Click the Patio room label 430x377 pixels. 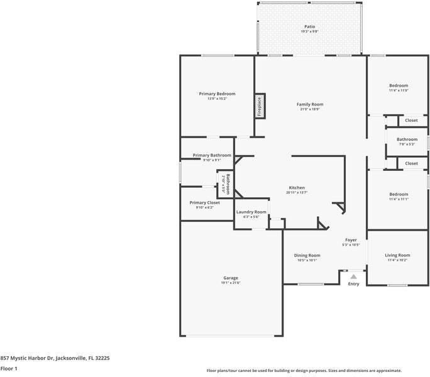309,27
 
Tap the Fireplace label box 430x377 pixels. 258,106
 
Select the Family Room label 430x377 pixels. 309,104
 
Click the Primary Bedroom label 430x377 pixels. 217,94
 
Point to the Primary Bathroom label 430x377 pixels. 212,155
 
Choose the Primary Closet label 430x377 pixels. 204,203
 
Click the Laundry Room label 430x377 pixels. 251,212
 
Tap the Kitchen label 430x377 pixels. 297,188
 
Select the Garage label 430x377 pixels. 231,278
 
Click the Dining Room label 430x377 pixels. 307,256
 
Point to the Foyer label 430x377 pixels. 351,240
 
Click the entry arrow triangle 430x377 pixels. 353,276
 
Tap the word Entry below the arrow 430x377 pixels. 353,284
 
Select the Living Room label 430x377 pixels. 397,256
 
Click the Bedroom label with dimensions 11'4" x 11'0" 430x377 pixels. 398,86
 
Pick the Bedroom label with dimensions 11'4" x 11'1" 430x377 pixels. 398,195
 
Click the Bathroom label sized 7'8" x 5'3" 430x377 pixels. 407,139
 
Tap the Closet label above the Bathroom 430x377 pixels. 411,120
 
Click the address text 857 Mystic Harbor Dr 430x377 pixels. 38,358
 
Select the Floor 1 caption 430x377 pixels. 9,369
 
